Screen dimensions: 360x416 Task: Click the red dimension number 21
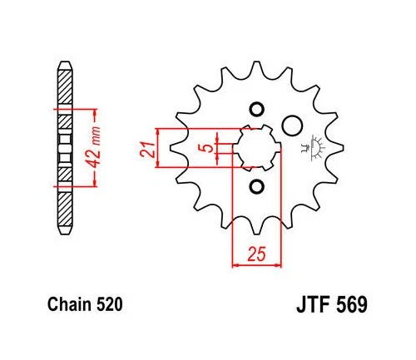tap(144, 149)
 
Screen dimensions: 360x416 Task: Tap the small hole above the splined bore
tap(256, 111)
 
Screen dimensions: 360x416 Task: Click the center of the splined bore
tap(256, 148)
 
